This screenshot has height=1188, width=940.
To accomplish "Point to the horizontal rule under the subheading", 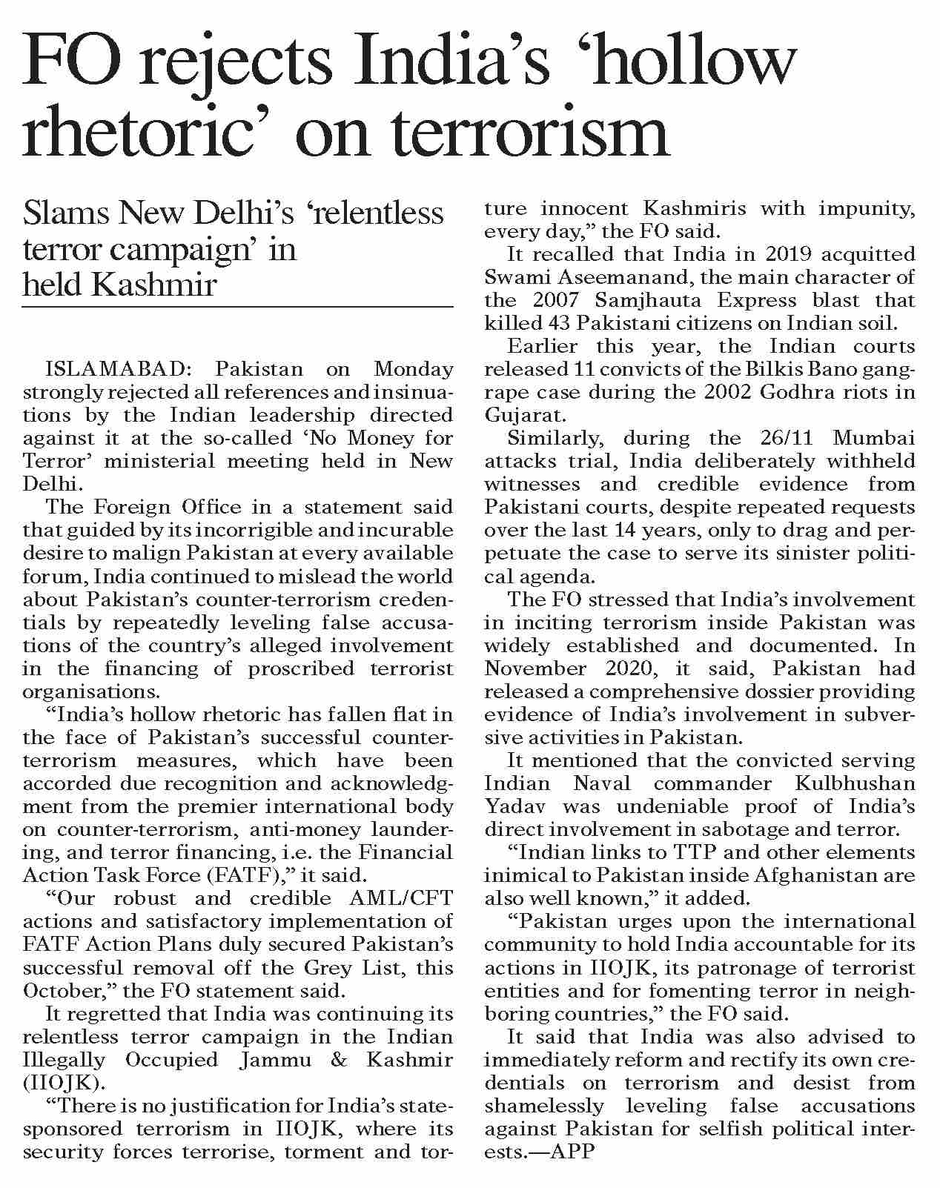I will click(x=237, y=306).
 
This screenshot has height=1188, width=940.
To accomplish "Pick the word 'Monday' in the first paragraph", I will click(x=413, y=369).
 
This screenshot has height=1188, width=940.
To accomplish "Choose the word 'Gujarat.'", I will click(x=513, y=414).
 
